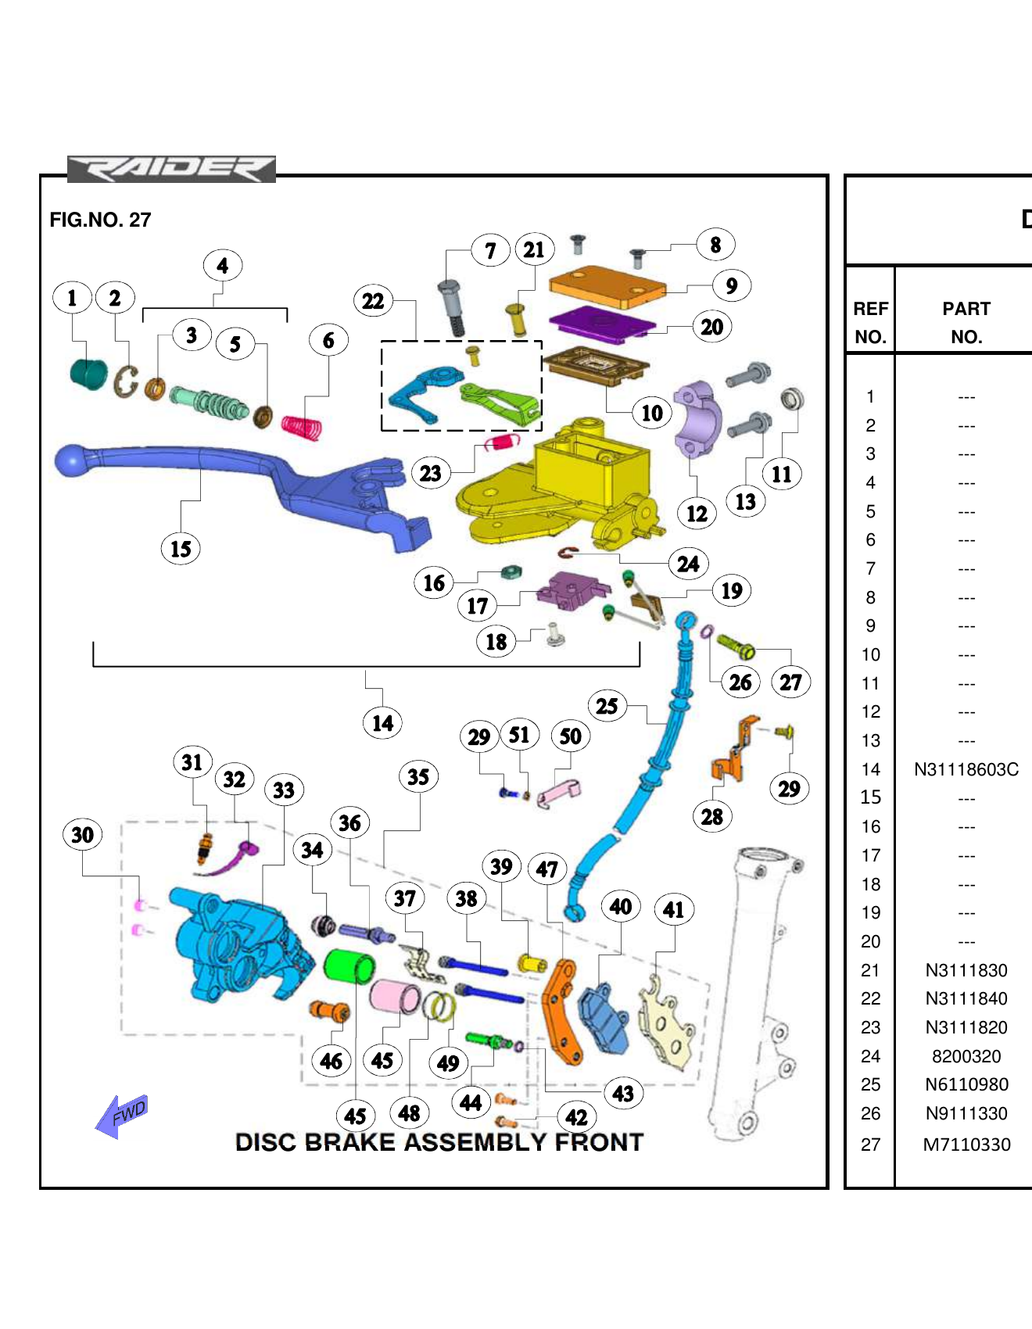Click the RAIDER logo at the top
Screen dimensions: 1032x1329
tap(171, 169)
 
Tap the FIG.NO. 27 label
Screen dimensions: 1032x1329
tap(100, 220)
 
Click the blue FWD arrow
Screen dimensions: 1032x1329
tap(121, 1116)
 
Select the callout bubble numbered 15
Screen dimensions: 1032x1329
tap(181, 549)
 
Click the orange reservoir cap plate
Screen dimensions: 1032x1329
tap(607, 288)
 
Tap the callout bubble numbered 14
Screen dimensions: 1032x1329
tap(382, 723)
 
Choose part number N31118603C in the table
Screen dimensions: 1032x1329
tap(966, 770)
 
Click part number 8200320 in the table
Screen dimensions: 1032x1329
tap(966, 1057)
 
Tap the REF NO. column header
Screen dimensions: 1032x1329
tap(870, 323)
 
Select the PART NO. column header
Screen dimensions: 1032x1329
tap(966, 323)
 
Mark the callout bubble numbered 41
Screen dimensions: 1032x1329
tap(673, 909)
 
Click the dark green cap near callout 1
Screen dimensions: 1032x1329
tap(88, 373)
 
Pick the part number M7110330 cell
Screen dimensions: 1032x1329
tap(966, 1145)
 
